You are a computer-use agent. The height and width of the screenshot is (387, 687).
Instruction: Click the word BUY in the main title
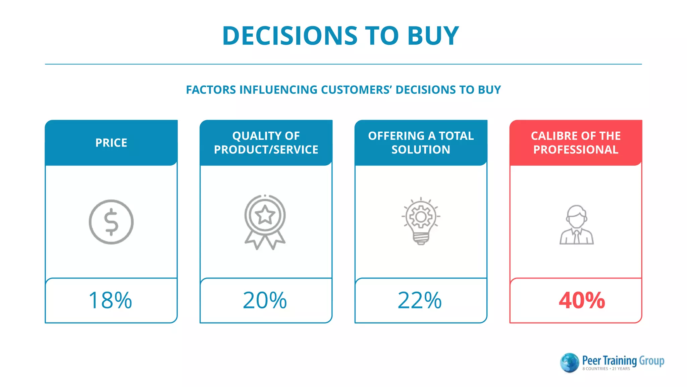click(x=433, y=36)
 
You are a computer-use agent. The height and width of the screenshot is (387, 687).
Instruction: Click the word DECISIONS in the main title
click(x=290, y=36)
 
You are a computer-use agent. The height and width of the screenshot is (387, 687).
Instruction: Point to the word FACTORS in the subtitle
click(x=211, y=90)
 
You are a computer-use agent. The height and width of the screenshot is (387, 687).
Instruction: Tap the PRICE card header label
click(x=111, y=143)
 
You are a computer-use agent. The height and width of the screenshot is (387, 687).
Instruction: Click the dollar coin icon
click(x=111, y=222)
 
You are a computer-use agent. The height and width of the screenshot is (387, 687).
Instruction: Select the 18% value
click(x=110, y=300)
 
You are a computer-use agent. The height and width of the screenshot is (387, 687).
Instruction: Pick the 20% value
click(x=265, y=300)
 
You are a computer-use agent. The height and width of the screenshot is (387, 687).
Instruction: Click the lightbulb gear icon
click(x=421, y=220)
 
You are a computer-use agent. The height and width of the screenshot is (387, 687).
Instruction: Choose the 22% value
click(x=420, y=300)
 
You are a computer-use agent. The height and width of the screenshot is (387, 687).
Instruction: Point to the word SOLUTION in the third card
click(x=421, y=150)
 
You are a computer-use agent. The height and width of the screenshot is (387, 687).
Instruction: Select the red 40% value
click(x=582, y=300)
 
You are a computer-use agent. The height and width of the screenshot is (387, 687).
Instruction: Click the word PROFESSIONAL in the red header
click(x=576, y=150)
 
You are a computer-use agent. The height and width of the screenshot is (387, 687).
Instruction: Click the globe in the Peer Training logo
click(x=570, y=363)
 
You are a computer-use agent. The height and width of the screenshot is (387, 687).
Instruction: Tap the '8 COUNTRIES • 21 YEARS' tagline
click(x=606, y=369)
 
